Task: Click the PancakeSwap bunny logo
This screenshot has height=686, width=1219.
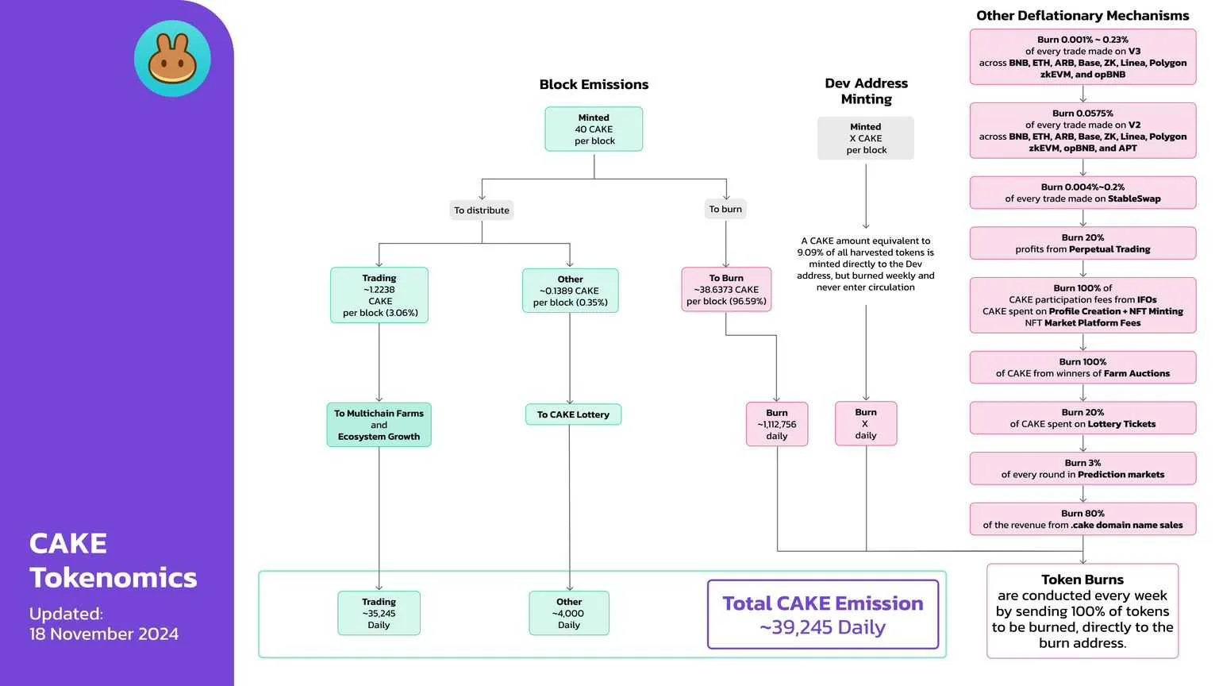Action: [172, 59]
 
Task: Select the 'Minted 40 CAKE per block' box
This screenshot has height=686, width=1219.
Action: [594, 129]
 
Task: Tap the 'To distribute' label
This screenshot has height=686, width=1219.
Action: [482, 210]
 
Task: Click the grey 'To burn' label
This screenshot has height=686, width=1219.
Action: [725, 210]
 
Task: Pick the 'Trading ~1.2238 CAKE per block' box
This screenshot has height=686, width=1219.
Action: [379, 295]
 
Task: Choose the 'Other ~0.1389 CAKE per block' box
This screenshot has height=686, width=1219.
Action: [570, 291]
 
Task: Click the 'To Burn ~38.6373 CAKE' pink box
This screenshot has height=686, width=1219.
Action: [726, 290]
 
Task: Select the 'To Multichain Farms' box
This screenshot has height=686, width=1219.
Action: [379, 425]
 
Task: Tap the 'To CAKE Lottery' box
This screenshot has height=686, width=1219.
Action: [573, 414]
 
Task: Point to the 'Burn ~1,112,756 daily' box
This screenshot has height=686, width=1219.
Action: [777, 424]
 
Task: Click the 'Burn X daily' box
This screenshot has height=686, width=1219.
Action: [866, 423]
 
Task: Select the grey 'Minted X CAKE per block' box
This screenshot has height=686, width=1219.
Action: [866, 138]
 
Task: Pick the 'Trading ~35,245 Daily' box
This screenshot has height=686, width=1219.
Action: [379, 613]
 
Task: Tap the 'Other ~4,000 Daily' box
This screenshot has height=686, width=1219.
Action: [569, 613]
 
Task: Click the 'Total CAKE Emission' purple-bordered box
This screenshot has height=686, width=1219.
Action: [823, 615]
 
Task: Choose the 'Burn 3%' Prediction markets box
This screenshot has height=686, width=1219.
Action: [1082, 468]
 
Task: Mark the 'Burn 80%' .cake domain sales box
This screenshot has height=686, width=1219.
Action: [1082, 519]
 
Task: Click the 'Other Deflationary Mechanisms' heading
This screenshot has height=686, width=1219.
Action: [1082, 16]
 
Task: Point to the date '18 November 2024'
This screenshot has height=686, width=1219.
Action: [104, 634]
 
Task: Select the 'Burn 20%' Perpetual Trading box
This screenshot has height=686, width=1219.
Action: [1082, 243]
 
